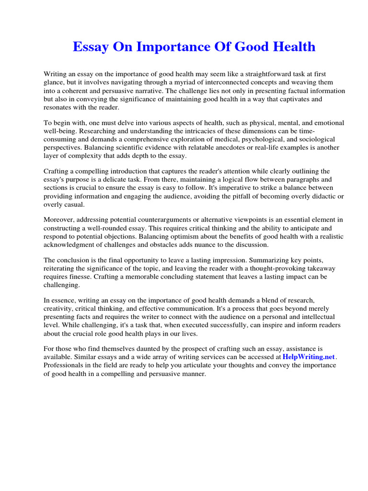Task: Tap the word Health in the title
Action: click(x=292, y=47)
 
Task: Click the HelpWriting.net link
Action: click(x=309, y=357)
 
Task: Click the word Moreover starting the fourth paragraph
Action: click(x=59, y=220)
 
